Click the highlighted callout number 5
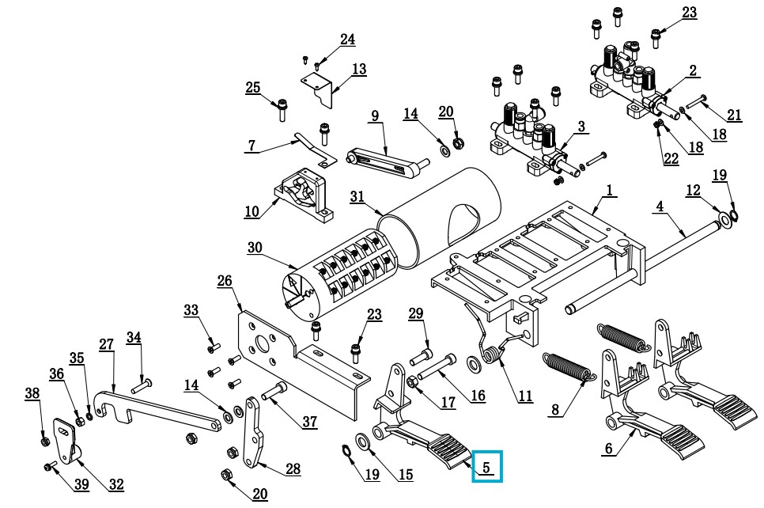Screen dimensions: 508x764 486,467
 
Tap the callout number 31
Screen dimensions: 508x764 357,197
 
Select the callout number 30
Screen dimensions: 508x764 254,247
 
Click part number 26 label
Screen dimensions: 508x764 224,280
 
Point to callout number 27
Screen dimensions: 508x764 106,344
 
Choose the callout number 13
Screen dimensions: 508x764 359,70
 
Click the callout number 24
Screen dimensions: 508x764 347,40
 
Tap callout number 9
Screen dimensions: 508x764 375,116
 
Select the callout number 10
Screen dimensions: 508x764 252,211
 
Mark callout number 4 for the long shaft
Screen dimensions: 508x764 660,207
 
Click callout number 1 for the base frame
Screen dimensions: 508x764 610,190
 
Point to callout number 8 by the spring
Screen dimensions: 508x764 555,410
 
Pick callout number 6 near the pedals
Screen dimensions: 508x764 608,449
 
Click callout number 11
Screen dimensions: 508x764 525,397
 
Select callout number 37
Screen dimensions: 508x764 309,422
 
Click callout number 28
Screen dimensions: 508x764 293,469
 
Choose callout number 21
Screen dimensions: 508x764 735,116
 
